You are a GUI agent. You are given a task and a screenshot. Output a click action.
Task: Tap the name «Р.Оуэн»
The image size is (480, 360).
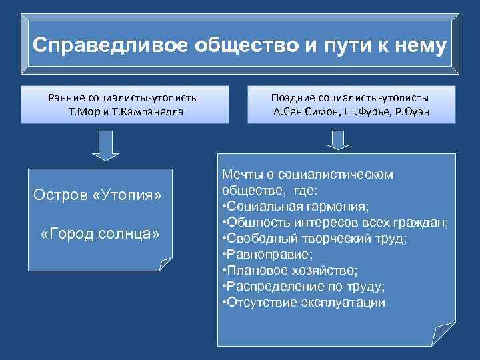coord(411,111)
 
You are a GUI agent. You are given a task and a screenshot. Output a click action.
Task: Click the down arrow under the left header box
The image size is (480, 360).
coord(104,146)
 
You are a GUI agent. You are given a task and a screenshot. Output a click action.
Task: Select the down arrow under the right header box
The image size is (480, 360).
coord(338,141)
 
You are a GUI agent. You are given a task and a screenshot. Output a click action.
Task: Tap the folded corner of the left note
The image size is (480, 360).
coord(165,263)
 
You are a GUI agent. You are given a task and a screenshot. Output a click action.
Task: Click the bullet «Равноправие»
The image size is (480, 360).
coord(269,254)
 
